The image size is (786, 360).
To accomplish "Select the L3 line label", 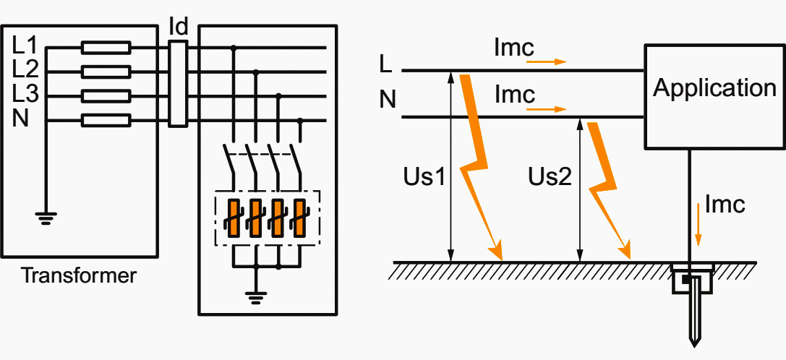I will (25, 95).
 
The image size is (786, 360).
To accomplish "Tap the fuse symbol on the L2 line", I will (106, 72).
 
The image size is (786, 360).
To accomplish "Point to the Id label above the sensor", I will (178, 26).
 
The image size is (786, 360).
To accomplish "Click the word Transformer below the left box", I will (79, 275).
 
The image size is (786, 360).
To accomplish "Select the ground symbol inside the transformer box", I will (46, 216).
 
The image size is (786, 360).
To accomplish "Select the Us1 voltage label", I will (423, 176).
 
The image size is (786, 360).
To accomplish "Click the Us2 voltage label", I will (550, 176).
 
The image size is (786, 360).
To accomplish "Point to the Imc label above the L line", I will (514, 48).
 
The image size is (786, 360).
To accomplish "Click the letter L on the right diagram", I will (386, 64).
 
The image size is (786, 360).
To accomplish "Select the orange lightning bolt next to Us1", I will (478, 166).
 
